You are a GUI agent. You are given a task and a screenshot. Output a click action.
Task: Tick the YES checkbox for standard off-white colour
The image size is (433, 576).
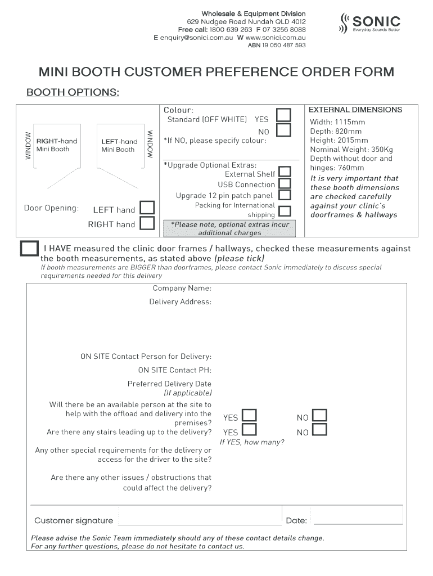pyautogui.click(x=284, y=115)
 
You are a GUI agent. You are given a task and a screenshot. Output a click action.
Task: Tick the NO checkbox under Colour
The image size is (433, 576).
pyautogui.click(x=284, y=130)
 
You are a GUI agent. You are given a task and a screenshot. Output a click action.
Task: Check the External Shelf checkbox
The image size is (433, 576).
pyautogui.click(x=285, y=172)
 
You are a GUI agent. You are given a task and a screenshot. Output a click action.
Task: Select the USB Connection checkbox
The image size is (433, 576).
pyautogui.click(x=285, y=183)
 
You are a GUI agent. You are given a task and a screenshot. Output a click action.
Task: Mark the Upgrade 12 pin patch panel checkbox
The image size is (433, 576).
pyautogui.click(x=285, y=195)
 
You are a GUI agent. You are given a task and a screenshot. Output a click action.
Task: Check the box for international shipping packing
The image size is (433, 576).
pyautogui.click(x=285, y=211)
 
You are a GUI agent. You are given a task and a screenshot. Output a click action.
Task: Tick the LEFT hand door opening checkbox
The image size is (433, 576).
pyautogui.click(x=147, y=208)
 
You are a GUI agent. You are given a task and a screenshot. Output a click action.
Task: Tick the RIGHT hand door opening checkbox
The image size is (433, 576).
pyautogui.click(x=147, y=223)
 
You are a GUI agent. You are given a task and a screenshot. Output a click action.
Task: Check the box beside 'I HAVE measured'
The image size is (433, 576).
pyautogui.click(x=29, y=249)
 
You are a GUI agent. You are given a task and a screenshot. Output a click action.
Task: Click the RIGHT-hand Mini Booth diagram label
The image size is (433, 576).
pyautogui.click(x=56, y=145)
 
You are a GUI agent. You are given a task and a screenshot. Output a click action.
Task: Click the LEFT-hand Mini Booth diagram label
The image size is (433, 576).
pyautogui.click(x=119, y=145)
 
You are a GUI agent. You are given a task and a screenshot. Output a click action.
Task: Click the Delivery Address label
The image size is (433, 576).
pyautogui.click(x=180, y=302)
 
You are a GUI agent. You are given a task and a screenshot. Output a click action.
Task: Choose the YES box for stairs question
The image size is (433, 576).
pyautogui.click(x=249, y=430)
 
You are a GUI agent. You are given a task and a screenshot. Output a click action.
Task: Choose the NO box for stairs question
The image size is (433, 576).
pyautogui.click(x=319, y=430)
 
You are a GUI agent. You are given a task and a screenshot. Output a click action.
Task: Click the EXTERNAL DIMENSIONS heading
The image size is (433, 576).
pyautogui.click(x=355, y=110)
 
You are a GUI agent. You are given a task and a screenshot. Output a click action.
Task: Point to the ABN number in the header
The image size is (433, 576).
pyautogui.click(x=277, y=45)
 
